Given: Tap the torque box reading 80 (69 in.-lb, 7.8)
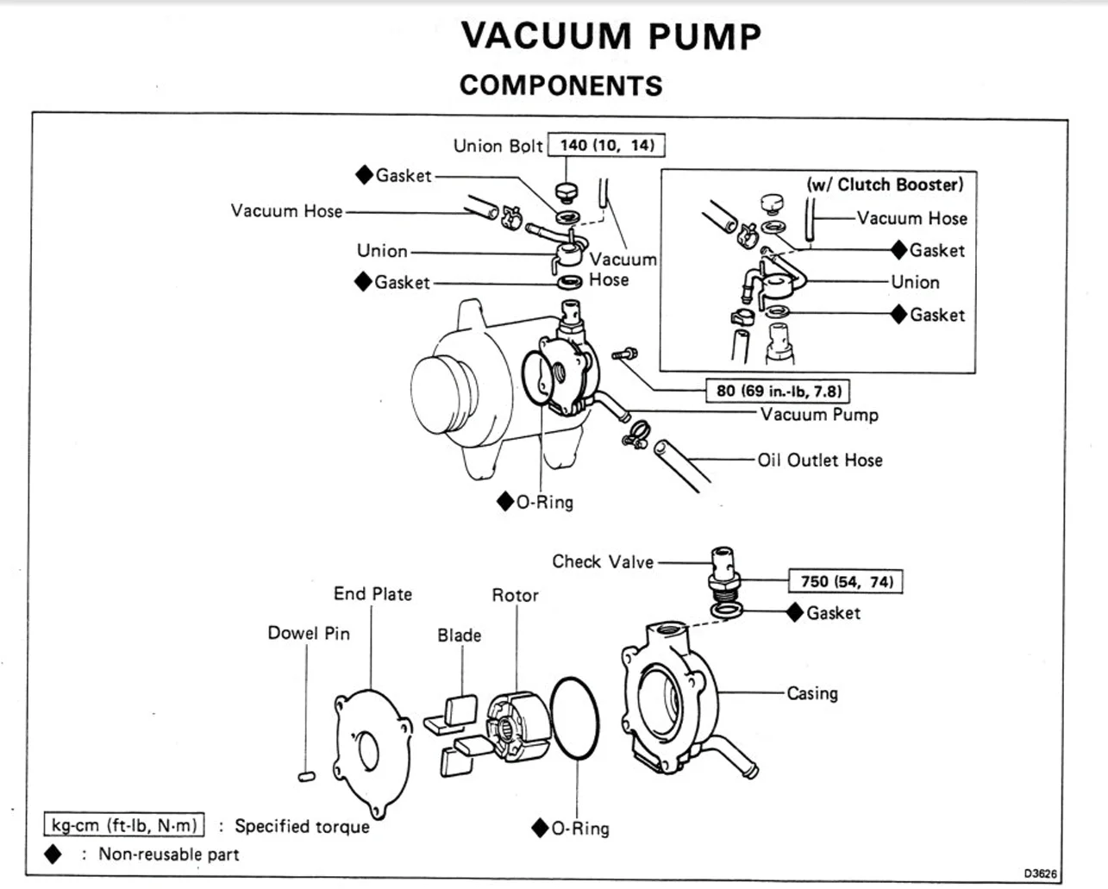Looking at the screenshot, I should point(778,391).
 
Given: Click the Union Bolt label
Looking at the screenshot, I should point(498,146).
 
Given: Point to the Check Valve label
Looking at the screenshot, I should point(603,562).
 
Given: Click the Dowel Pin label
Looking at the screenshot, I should point(309,633).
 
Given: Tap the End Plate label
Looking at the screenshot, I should point(372,594).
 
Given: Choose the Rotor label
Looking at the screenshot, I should point(515,595).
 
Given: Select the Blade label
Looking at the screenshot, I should point(459,635).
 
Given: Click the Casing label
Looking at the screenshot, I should point(811,693).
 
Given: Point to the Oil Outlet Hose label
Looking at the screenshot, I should point(820,460).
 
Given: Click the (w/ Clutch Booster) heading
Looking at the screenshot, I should point(885,185).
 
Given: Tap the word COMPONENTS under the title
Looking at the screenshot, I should point(560,85).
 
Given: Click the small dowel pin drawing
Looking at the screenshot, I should point(306,776).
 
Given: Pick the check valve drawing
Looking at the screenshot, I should point(723,569).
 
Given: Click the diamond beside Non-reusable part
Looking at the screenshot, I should point(53,855).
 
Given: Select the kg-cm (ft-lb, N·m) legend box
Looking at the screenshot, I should point(125,825).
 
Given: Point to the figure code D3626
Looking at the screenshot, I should point(1041,873).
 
